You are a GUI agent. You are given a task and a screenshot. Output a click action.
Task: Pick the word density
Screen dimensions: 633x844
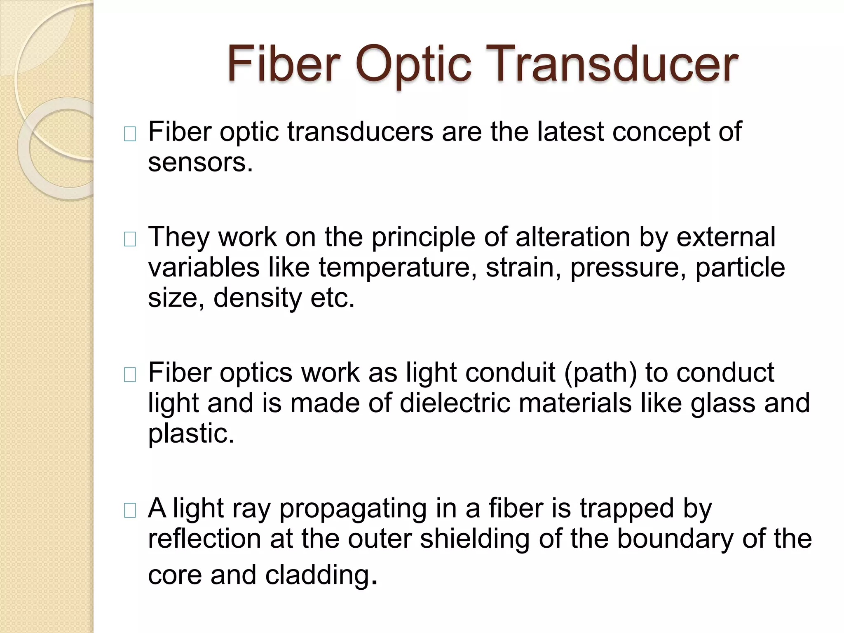pyautogui.click(x=258, y=298)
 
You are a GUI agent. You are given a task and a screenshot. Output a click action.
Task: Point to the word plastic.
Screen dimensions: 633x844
pyautogui.click(x=191, y=434)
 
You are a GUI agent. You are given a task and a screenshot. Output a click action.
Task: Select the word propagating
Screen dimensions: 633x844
pyautogui.click(x=353, y=509)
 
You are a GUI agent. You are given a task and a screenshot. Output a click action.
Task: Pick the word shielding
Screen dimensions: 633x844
pyautogui.click(x=474, y=539)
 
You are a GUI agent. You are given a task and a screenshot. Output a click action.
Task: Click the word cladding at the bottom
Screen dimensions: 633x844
pyautogui.click(x=317, y=575)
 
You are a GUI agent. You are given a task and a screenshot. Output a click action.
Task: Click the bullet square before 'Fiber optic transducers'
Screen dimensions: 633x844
pyautogui.click(x=130, y=134)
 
